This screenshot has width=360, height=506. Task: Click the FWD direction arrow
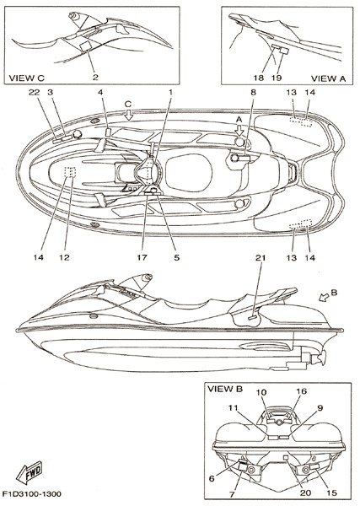click(29, 472)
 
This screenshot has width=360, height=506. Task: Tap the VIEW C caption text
click(26, 78)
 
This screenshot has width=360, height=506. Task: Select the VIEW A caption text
click(328, 78)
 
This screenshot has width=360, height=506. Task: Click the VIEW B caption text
click(225, 389)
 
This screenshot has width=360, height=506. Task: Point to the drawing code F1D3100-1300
click(31, 494)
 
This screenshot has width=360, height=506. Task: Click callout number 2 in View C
click(95, 78)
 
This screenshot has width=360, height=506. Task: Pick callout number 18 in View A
click(259, 78)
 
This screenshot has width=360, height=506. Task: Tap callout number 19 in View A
click(277, 78)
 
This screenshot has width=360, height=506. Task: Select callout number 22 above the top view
click(34, 92)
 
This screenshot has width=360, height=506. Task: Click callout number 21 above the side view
click(261, 257)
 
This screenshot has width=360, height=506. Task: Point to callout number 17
click(142, 257)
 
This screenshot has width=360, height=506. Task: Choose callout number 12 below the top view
click(65, 257)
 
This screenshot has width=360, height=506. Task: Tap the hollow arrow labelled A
click(239, 130)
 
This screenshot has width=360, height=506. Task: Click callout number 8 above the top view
click(253, 92)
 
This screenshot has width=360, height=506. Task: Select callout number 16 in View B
click(302, 391)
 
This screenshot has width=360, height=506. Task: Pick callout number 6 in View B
click(212, 478)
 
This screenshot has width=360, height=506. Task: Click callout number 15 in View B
click(331, 493)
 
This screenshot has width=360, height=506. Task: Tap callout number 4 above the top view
click(100, 92)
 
